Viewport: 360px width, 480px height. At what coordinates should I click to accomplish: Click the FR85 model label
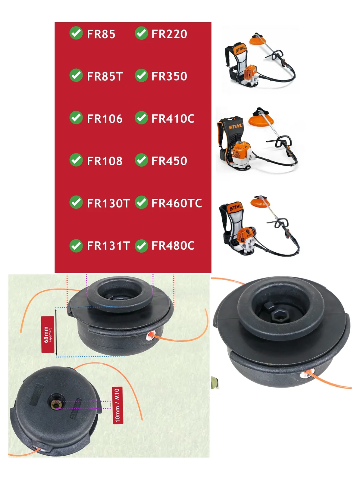[x=101, y=34]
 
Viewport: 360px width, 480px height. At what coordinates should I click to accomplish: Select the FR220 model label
[x=169, y=34]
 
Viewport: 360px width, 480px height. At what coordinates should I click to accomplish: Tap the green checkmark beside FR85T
[x=76, y=75]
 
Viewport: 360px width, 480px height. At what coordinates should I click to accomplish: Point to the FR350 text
[x=169, y=76]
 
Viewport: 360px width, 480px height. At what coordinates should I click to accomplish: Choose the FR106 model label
[x=105, y=119]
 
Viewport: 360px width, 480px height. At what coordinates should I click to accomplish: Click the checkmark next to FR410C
[x=141, y=118]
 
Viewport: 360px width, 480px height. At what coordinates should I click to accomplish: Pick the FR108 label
[x=105, y=161]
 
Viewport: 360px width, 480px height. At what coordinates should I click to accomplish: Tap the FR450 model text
[x=169, y=161]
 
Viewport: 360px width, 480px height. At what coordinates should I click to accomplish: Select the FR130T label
[x=108, y=203]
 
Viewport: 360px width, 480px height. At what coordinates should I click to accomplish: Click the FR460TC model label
[x=177, y=203]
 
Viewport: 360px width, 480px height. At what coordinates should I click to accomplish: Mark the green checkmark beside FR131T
[x=76, y=246]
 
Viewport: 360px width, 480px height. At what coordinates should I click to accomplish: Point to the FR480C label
[x=173, y=246]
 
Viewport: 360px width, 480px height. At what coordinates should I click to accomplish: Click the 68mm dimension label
[x=48, y=334]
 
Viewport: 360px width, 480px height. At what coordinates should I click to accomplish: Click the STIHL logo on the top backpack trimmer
[x=241, y=49]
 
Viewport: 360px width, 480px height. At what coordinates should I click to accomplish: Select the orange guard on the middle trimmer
[x=259, y=121]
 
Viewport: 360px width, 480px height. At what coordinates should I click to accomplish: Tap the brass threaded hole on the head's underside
[x=55, y=405]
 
